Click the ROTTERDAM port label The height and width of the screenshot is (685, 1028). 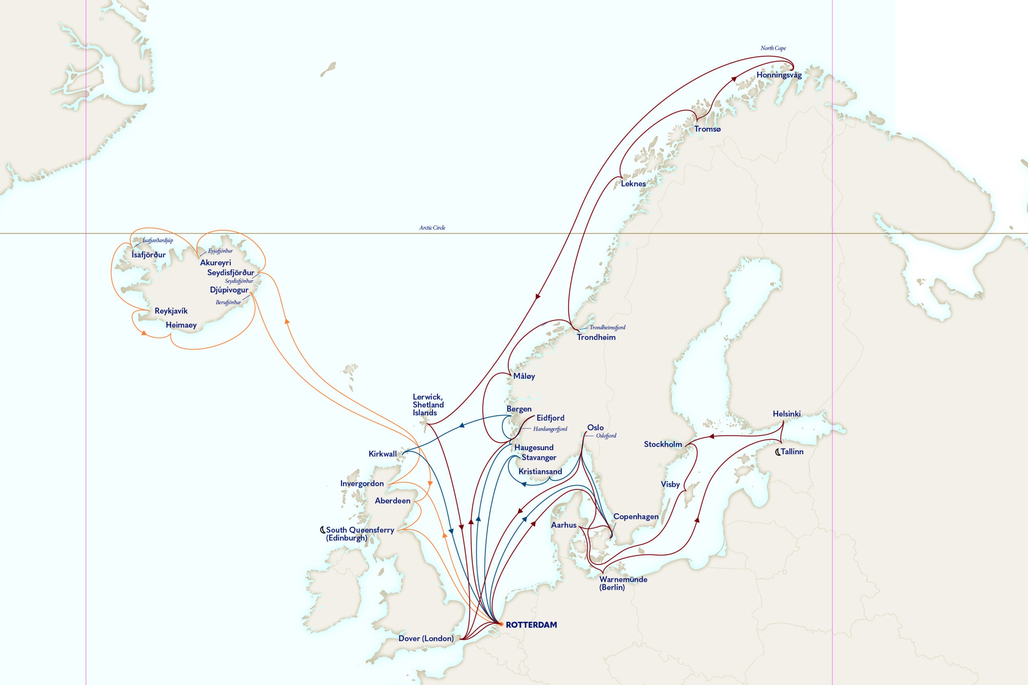(531, 625)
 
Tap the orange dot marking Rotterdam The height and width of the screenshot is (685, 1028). (501, 624)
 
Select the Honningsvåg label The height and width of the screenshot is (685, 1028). (779, 75)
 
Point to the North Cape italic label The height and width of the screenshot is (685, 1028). (773, 48)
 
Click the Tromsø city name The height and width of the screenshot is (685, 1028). (707, 129)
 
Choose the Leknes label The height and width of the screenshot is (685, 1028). (633, 183)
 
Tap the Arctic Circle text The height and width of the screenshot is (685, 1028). (432, 228)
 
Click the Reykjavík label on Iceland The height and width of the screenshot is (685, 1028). (171, 311)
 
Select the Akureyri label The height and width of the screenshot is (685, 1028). (216, 262)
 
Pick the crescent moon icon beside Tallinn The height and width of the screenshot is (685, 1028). (777, 452)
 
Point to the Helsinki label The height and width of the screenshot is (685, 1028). (786, 414)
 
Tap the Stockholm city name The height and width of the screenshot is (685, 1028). (663, 444)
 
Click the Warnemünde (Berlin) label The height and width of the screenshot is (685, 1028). (623, 583)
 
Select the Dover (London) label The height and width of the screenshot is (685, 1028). (426, 638)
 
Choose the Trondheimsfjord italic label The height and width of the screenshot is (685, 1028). (607, 327)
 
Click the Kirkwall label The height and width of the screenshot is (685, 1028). (382, 454)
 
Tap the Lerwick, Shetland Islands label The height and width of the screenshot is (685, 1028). (428, 404)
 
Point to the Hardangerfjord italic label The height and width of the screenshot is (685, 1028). (550, 429)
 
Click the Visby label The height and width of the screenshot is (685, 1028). (670, 484)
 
